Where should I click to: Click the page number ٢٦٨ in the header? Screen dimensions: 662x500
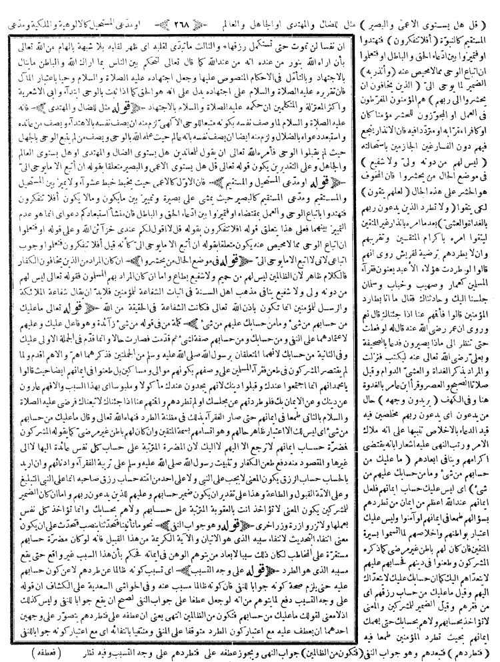251,10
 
